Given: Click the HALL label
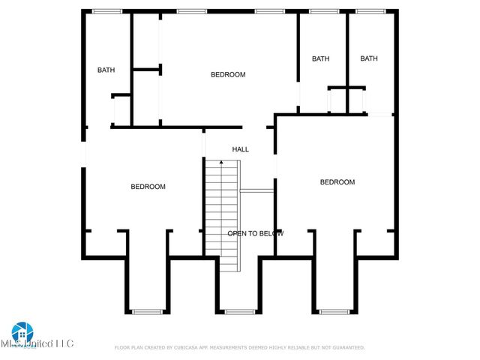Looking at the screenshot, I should [240, 149].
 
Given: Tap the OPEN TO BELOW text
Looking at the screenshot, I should [255, 233].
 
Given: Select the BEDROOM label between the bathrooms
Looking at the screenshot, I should [228, 74].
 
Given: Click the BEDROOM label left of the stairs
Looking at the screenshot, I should [148, 187].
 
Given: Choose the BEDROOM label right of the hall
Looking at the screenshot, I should [337, 182].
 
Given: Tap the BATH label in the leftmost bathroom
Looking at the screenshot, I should [106, 70].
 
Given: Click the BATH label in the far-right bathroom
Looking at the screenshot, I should [368, 58].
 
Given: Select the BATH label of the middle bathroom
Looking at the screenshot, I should [321, 58].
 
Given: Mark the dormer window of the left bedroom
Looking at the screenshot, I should [147, 311].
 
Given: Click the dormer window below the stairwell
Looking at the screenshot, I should [240, 311].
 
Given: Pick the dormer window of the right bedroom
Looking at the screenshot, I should [334, 311].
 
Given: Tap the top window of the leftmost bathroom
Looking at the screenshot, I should [107, 11].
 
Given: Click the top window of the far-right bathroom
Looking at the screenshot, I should [370, 11].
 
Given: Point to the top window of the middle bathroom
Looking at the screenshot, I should [324, 11].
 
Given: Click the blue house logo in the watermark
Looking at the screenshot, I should [22, 332].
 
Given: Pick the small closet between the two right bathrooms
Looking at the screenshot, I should [346, 100].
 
